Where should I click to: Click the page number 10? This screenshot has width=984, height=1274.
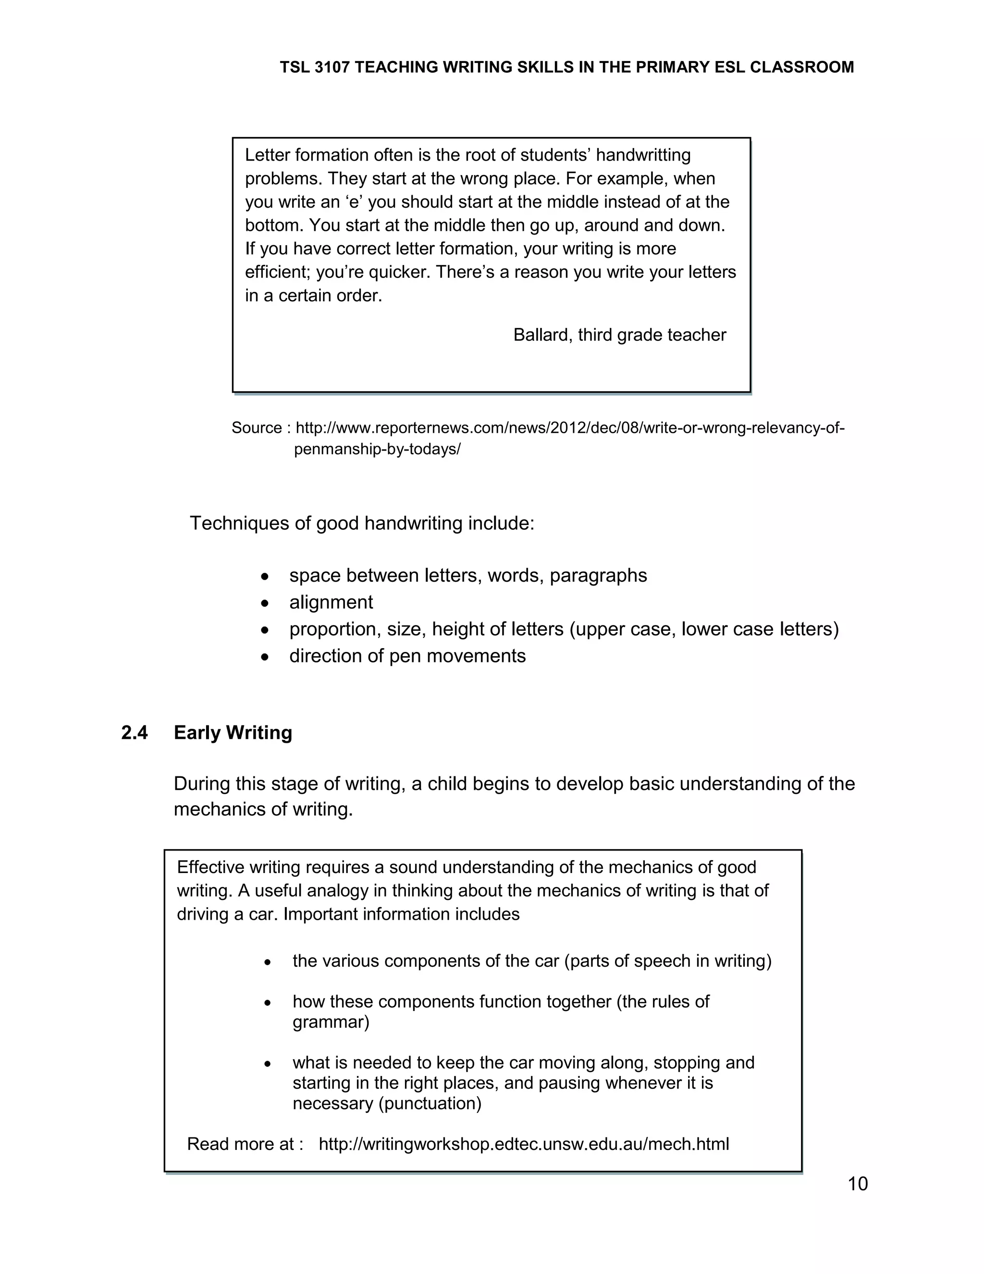(x=858, y=1184)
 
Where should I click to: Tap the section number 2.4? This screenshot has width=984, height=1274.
(x=134, y=733)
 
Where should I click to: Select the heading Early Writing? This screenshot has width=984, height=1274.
(x=233, y=733)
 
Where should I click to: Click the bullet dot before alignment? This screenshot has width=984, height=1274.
(x=265, y=602)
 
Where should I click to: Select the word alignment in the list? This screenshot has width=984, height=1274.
(x=331, y=602)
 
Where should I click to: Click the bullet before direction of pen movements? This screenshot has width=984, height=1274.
(x=265, y=656)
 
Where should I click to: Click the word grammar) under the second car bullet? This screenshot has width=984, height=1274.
(x=331, y=1022)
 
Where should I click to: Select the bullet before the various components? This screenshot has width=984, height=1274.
(x=267, y=962)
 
